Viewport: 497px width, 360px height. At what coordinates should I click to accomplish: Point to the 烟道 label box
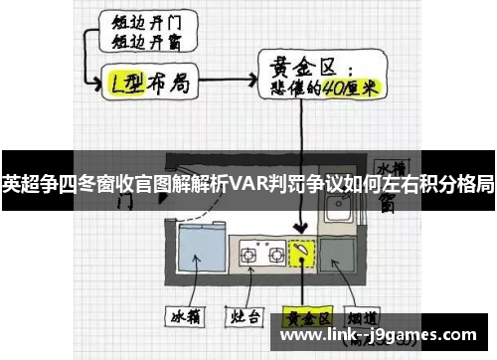pyautogui.click(x=366, y=319)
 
